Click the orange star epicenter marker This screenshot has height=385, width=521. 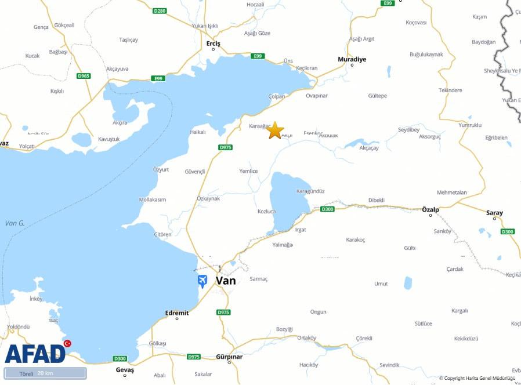pyautogui.click(x=275, y=130)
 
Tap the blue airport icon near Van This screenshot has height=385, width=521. pyautogui.click(x=202, y=282)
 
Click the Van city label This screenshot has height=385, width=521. pyautogui.click(x=226, y=281)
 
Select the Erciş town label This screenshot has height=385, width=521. pyautogui.click(x=214, y=43)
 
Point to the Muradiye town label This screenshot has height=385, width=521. pyautogui.click(x=352, y=59)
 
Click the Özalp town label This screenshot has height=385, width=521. pyautogui.click(x=430, y=209)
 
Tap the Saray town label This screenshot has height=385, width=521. pyautogui.click(x=494, y=213)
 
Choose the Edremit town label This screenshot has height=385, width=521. pyautogui.click(x=177, y=313)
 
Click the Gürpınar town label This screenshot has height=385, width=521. pyautogui.click(x=229, y=357)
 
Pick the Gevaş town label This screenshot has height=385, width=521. pyautogui.click(x=125, y=370)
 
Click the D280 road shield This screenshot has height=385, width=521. pyautogui.click(x=160, y=11)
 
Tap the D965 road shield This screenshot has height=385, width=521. pyautogui.click(x=84, y=76)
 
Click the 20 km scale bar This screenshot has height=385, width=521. pyautogui.click(x=45, y=373)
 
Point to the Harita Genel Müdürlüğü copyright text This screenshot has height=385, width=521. pyautogui.click(x=477, y=379)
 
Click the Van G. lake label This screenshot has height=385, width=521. pyautogui.click(x=15, y=223)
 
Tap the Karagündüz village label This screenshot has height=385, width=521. pyautogui.click(x=310, y=191)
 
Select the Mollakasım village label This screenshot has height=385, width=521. pyautogui.click(x=153, y=199)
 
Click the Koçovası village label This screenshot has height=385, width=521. pyautogui.click(x=416, y=23)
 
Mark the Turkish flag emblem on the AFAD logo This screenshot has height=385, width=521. pyautogui.click(x=67, y=344)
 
